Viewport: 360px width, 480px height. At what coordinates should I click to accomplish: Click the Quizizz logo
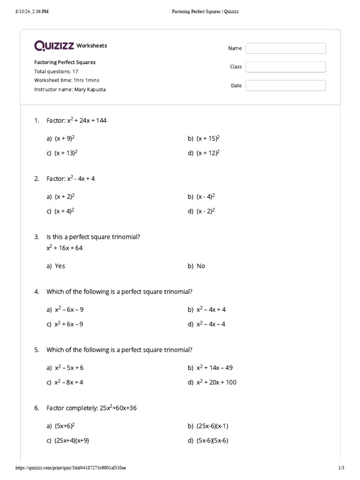pyautogui.click(x=54, y=45)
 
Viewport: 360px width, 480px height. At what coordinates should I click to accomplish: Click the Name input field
pyautogui.click(x=285, y=48)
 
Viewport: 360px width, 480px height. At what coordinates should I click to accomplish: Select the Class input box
pyautogui.click(x=285, y=67)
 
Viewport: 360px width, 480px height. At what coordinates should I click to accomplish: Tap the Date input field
pyautogui.click(x=285, y=86)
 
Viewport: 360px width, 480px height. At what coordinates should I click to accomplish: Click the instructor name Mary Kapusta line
pyautogui.click(x=70, y=89)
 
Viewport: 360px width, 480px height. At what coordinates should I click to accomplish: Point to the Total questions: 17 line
pyautogui.click(x=56, y=71)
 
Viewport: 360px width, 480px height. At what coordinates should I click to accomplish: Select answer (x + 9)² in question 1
pyautogui.click(x=65, y=138)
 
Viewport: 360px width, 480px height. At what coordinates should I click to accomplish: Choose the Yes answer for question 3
pyautogui.click(x=60, y=266)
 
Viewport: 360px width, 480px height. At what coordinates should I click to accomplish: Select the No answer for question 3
pyautogui.click(x=201, y=266)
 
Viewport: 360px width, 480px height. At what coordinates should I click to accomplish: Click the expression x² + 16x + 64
pyautogui.click(x=64, y=248)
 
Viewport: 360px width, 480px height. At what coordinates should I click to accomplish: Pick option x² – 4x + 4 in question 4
pyautogui.click(x=211, y=309)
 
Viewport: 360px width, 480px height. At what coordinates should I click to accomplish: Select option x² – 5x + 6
pyautogui.click(x=69, y=367)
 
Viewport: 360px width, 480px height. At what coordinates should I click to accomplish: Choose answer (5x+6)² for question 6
pyautogui.click(x=65, y=426)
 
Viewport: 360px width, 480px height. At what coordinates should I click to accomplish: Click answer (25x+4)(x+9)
pyautogui.click(x=72, y=440)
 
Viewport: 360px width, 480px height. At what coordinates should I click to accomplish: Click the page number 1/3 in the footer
pyautogui.click(x=341, y=468)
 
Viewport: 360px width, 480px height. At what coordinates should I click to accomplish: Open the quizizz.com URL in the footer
pyautogui.click(x=70, y=468)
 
